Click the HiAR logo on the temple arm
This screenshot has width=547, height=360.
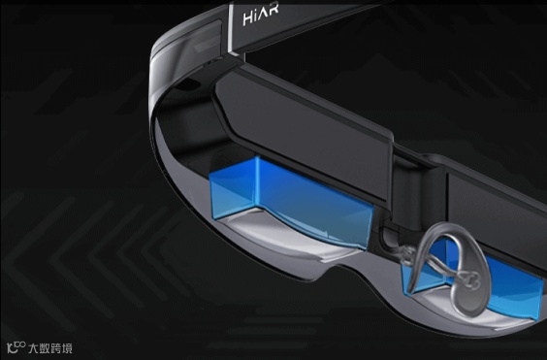click(261, 15)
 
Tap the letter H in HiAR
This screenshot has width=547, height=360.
click(247, 18)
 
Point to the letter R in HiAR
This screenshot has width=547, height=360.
click(273, 11)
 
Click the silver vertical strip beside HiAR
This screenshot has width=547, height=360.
click(232, 28)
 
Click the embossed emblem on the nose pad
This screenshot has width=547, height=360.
click(467, 280)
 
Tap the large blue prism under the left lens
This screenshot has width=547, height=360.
click(291, 201)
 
